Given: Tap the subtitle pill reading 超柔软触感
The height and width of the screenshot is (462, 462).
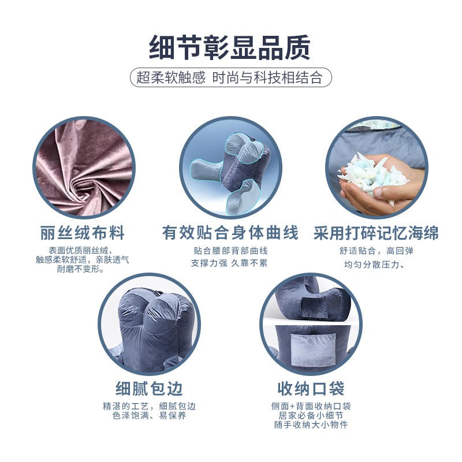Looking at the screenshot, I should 172,78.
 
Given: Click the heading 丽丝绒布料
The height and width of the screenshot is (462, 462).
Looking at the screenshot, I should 83,233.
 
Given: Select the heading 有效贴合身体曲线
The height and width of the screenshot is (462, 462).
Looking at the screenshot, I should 230,233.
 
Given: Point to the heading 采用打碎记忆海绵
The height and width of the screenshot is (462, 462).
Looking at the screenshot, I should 376,233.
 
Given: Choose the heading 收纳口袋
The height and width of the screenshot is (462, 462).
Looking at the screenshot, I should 311,387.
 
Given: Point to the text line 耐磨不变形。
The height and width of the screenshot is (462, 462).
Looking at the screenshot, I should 83,269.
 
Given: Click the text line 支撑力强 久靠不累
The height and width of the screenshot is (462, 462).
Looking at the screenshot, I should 230,263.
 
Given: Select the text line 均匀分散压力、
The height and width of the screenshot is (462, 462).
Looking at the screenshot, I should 376,265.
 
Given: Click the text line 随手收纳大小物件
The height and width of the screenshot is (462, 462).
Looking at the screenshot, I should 311,425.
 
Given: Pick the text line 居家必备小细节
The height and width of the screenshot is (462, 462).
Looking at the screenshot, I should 311,416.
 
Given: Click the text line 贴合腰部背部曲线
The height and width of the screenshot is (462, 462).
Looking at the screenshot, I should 230,251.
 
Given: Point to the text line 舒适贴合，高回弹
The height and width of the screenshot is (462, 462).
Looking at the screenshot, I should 376,251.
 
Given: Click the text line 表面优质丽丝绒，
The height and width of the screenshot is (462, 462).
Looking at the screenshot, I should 83,250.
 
